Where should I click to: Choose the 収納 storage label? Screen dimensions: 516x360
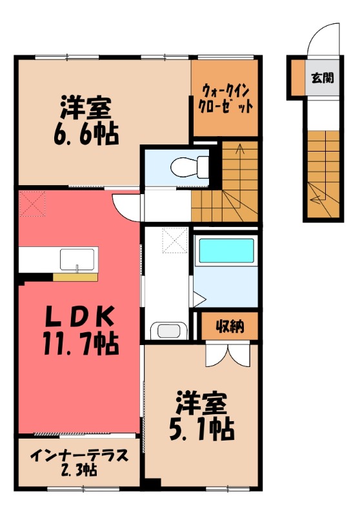pyautogui.click(x=229, y=326)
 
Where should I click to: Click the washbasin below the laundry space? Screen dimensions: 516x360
pyautogui.click(x=168, y=332)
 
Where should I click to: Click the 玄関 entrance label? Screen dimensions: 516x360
pyautogui.click(x=323, y=79)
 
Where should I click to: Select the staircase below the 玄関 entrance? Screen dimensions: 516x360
pyautogui.click(x=322, y=174)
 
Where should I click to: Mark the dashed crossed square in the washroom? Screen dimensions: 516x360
pyautogui.click(x=175, y=241)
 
